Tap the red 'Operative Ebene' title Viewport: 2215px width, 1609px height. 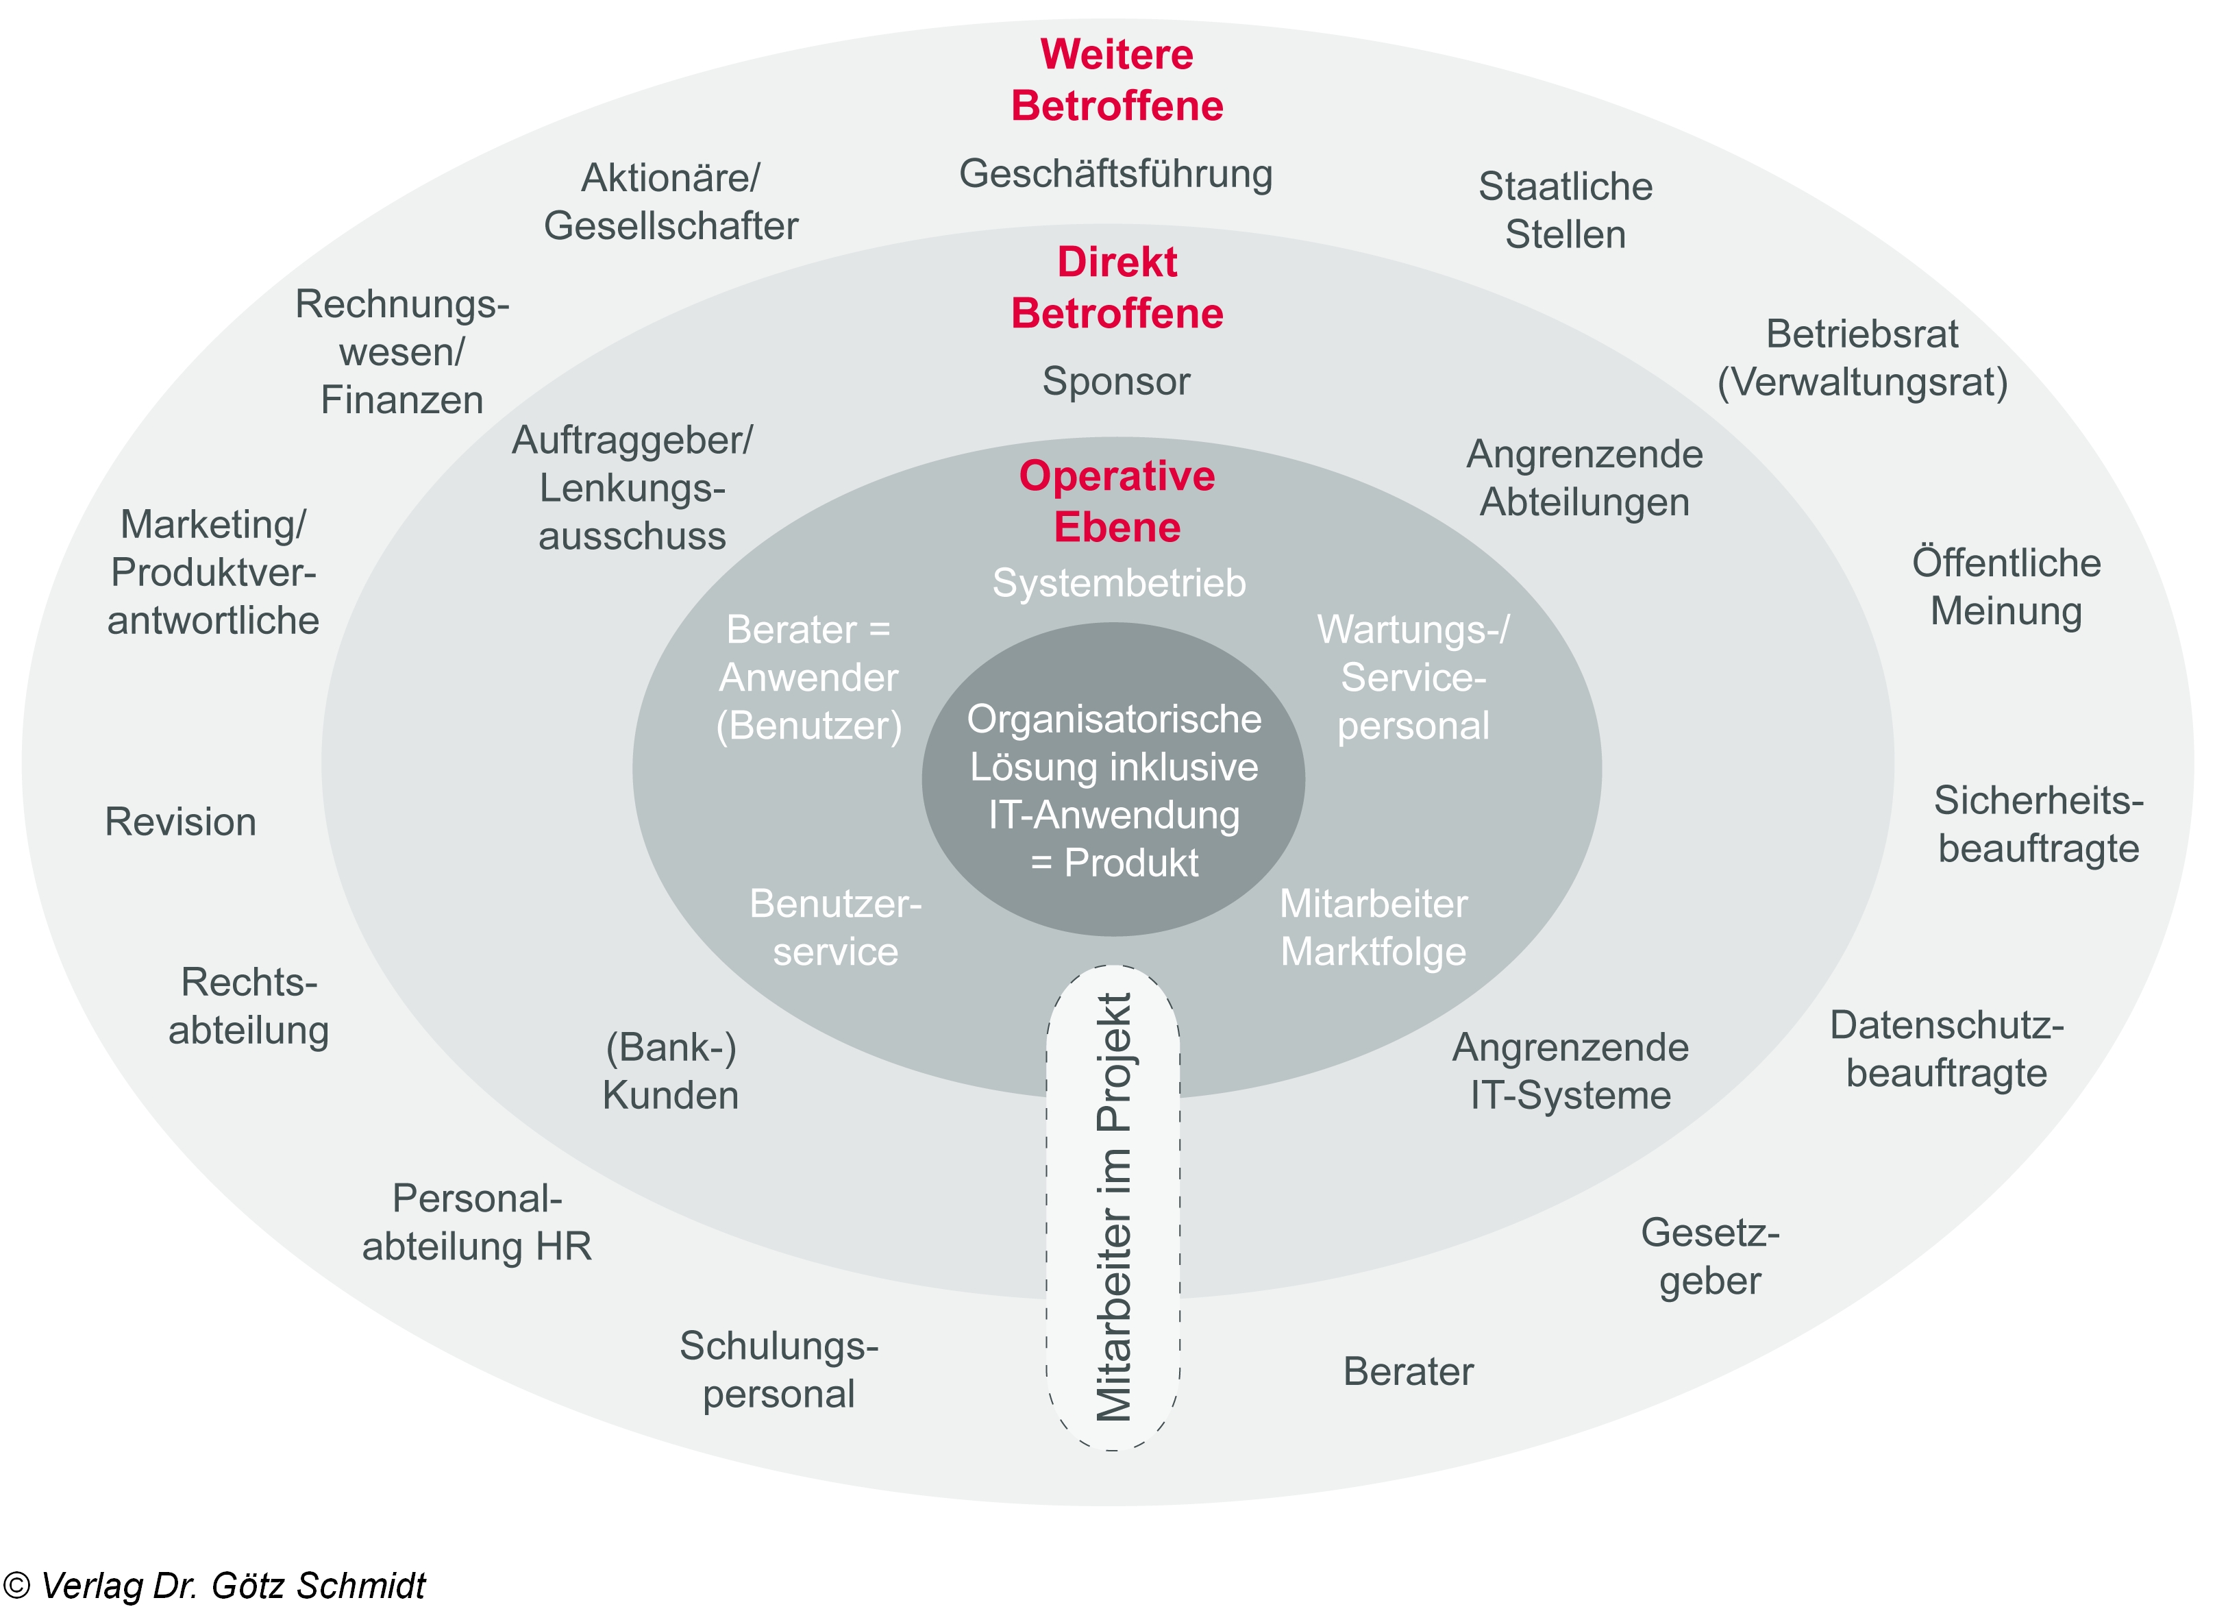pyautogui.click(x=1116, y=501)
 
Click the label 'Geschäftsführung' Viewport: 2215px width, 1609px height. pyautogui.click(x=1115, y=175)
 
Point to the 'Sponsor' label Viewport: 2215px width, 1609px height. pyautogui.click(x=1115, y=381)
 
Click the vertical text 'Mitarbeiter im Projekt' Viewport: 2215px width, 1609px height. pyautogui.click(x=1113, y=1207)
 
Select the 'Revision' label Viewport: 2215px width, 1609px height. pyautogui.click(x=181, y=822)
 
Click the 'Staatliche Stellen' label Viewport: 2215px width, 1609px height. pyautogui.click(x=1565, y=210)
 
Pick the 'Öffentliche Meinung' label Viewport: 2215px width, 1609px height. pyautogui.click(x=2006, y=587)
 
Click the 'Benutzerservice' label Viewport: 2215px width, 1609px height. pyautogui.click(x=835, y=928)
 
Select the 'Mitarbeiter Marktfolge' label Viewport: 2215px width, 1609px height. pyautogui.click(x=1373, y=928)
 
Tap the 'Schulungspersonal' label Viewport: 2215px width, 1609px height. pyautogui.click(x=778, y=1370)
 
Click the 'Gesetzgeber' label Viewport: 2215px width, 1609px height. pyautogui.click(x=1709, y=1256)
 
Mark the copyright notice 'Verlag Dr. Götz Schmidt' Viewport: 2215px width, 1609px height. pyautogui.click(x=215, y=1584)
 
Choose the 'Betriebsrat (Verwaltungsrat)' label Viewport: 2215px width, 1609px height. pyautogui.click(x=1861, y=358)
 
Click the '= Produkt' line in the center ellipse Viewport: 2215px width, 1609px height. pyautogui.click(x=1113, y=863)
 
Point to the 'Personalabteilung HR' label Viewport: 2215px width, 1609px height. pyautogui.click(x=477, y=1222)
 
